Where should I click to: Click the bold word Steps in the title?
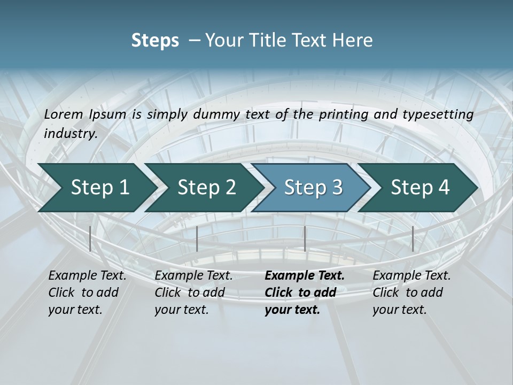pos(155,41)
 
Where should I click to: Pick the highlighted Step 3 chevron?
pos(312,187)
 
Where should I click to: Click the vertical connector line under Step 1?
pos(90,238)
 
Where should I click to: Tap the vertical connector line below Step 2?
pos(197,238)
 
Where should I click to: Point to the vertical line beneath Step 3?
pos(305,238)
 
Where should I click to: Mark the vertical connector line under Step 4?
pos(413,238)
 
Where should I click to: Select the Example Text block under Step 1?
pos(87,292)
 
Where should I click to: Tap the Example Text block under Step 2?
pos(193,292)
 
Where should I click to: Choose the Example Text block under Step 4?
pos(411,292)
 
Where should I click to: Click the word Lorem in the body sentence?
pos(63,114)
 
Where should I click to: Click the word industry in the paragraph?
pos(69,133)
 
